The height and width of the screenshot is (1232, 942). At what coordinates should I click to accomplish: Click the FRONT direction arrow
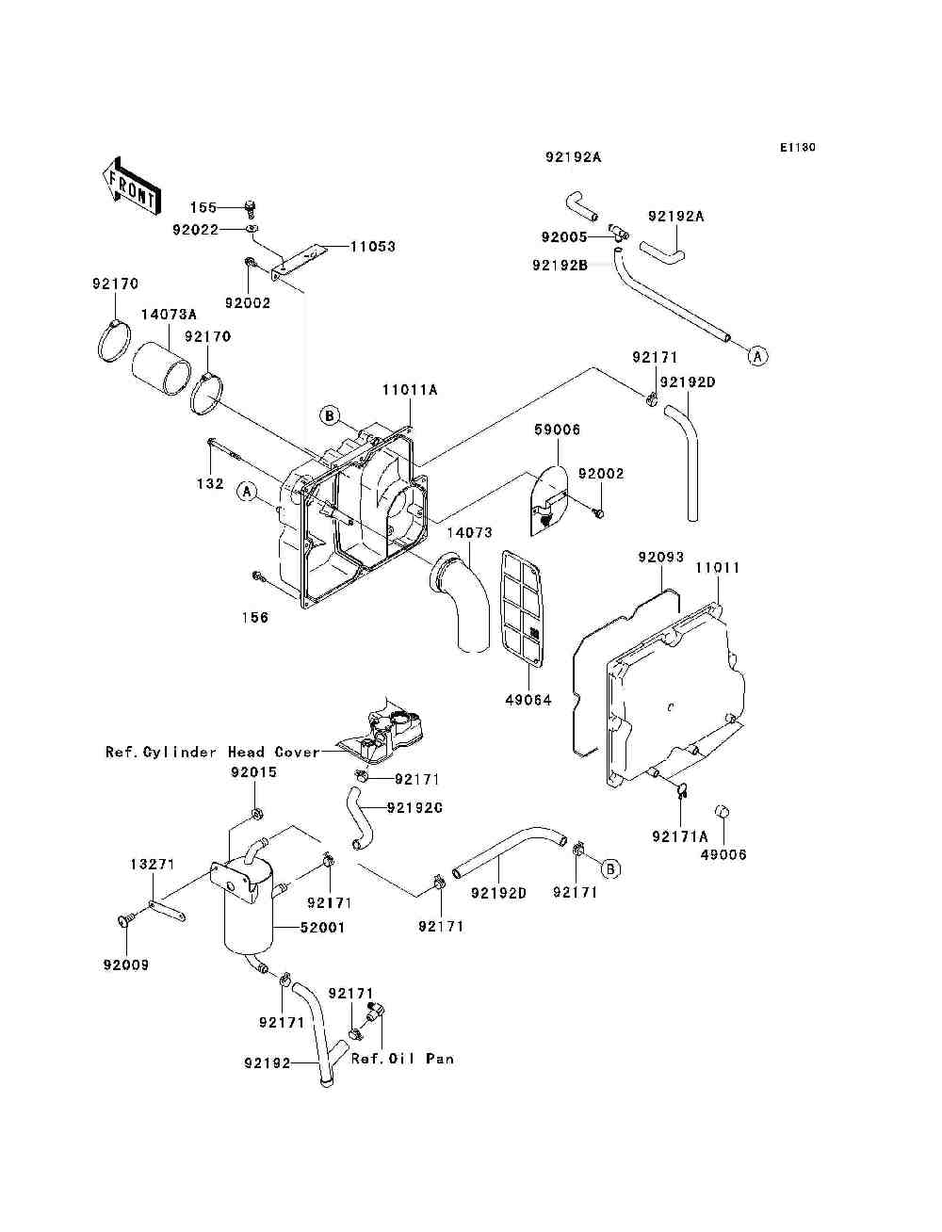[x=132, y=186]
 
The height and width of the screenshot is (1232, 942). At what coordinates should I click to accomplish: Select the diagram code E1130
[x=797, y=147]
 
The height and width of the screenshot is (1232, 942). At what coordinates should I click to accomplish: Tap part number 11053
[x=373, y=247]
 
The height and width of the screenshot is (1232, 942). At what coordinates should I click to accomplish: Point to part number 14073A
[x=169, y=314]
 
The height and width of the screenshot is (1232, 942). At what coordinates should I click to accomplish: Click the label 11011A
[x=410, y=390]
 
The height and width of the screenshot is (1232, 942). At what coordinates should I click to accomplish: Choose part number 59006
[x=557, y=430]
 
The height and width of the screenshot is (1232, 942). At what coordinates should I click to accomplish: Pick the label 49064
[x=528, y=700]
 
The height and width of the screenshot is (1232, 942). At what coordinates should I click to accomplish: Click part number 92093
[x=661, y=557]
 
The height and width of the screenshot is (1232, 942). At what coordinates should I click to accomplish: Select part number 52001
[x=322, y=928]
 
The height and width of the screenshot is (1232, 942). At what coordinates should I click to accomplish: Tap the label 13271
[x=153, y=864]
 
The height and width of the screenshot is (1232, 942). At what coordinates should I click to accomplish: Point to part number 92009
[x=126, y=965]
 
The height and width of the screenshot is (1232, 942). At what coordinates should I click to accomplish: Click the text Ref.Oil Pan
[x=402, y=1059]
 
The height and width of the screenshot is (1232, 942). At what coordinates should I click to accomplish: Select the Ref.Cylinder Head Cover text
[x=213, y=752]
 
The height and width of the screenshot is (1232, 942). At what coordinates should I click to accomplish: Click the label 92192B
[x=560, y=265]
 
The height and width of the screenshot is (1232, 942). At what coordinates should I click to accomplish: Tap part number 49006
[x=723, y=855]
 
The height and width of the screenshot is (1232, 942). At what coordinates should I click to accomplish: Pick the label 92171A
[x=680, y=836]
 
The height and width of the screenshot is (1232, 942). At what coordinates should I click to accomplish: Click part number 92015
[x=253, y=772]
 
